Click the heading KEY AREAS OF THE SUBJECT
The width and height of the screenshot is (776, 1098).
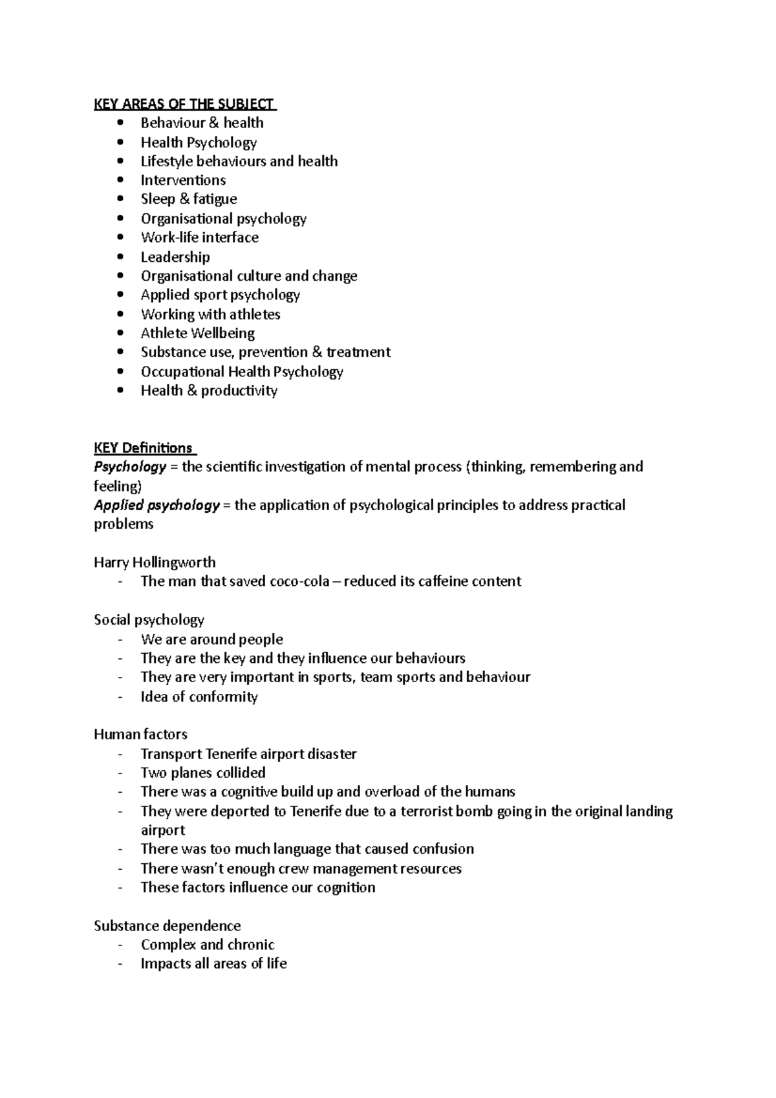click(184, 104)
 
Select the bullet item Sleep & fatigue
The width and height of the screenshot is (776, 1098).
click(189, 199)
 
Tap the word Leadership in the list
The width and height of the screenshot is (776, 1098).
click(175, 257)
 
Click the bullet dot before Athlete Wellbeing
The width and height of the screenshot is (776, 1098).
click(120, 333)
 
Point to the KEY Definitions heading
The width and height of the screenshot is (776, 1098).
click(144, 448)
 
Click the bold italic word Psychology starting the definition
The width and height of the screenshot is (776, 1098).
click(130, 467)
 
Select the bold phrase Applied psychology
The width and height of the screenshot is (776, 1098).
click(156, 505)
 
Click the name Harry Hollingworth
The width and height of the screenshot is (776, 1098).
click(155, 563)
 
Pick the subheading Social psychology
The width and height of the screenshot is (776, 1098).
click(149, 620)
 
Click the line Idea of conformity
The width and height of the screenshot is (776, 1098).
click(199, 696)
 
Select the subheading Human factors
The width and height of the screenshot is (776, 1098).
click(140, 735)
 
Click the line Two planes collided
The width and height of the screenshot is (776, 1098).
click(203, 773)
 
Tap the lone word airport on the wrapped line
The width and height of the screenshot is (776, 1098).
click(163, 830)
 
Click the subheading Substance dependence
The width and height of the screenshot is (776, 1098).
click(167, 926)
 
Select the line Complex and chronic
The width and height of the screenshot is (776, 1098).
click(208, 945)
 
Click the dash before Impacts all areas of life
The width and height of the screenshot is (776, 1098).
click(120, 963)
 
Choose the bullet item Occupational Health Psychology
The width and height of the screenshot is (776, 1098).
click(242, 372)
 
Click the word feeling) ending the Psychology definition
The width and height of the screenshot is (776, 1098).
click(118, 486)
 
